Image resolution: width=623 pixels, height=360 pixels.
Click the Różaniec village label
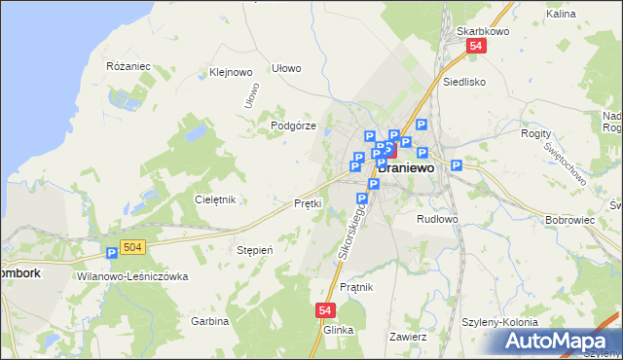tap(128, 66)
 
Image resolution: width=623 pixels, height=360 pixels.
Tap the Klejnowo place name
tap(231, 72)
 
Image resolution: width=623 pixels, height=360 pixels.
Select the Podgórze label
tap(291, 126)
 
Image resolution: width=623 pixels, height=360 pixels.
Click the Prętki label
tap(308, 203)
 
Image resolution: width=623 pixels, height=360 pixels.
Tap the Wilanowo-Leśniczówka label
tap(131, 276)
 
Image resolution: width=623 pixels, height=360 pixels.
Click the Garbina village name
tap(209, 321)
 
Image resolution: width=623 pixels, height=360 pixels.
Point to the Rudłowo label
tap(437, 219)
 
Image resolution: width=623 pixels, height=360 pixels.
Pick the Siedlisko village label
tap(463, 83)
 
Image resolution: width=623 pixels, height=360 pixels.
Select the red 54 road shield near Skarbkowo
tap(475, 46)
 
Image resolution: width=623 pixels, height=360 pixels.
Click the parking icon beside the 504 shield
tap(112, 253)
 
